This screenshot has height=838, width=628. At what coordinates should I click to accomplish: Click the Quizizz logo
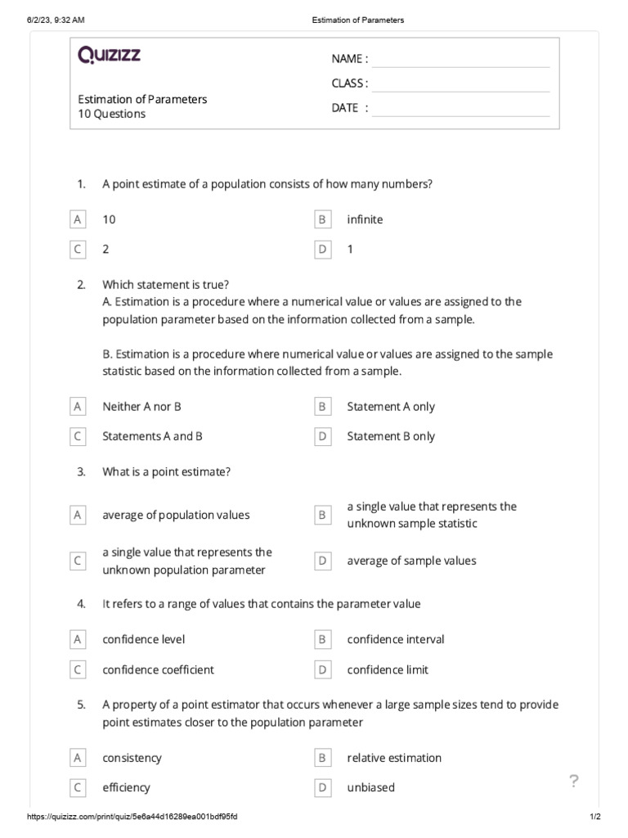109,56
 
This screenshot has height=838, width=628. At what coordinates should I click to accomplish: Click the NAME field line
460,59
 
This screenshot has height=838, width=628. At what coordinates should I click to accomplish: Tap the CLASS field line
460,83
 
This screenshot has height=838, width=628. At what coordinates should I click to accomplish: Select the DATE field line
460,108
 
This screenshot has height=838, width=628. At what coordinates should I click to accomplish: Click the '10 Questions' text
112,115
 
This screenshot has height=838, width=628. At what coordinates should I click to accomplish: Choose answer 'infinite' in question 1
365,219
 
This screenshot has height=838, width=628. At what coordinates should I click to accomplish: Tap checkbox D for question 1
323,250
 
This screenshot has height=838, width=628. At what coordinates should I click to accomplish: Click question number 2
81,285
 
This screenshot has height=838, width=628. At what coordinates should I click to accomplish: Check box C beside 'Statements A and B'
78,436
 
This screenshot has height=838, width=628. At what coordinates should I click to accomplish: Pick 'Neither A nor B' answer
141,407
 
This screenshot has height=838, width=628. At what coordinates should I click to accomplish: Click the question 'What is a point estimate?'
166,472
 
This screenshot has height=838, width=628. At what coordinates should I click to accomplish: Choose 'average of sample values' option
411,561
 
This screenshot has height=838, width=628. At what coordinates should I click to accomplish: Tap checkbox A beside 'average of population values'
78,515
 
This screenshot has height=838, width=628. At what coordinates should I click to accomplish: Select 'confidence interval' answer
396,639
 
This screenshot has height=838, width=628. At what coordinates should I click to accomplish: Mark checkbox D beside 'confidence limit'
323,669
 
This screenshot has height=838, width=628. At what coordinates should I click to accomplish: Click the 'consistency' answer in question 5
132,758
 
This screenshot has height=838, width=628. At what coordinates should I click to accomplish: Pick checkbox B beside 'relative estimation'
323,758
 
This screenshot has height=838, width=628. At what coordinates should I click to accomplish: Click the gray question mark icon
574,782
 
